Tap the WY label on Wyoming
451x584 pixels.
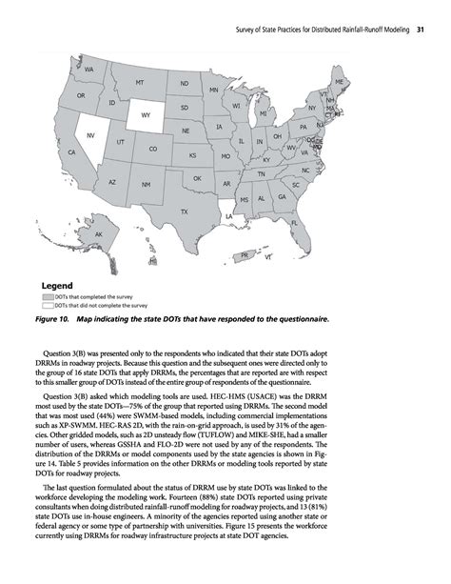pyautogui.click(x=146, y=116)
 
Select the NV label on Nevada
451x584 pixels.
pyautogui.click(x=90, y=136)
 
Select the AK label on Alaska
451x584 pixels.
pyautogui.click(x=98, y=233)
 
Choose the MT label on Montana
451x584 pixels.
pyautogui.click(x=140, y=84)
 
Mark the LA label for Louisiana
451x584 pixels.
pyautogui.click(x=228, y=216)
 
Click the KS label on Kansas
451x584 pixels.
pyautogui.click(x=192, y=154)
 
